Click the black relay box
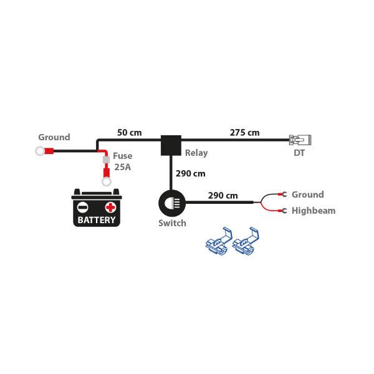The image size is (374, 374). [x=171, y=145]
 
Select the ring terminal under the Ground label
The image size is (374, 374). [x=42, y=150]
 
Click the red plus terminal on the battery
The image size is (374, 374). [x=110, y=207]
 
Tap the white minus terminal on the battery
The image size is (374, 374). [x=83, y=207]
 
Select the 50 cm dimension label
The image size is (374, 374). [x=130, y=133]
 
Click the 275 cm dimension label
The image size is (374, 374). [x=244, y=132]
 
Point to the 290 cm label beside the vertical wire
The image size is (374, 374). [x=190, y=173]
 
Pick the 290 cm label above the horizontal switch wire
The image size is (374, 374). [x=223, y=195]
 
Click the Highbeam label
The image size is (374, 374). [x=314, y=211]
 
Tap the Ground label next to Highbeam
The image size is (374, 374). [x=308, y=194]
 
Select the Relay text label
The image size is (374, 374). [x=196, y=153]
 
